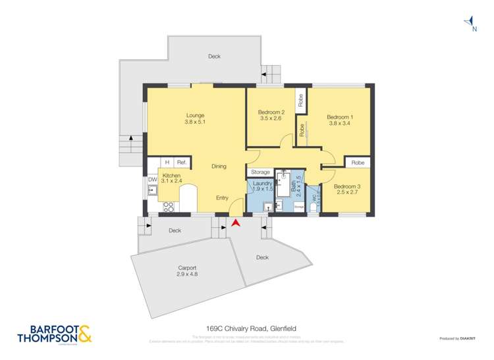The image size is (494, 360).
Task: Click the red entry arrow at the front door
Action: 235,223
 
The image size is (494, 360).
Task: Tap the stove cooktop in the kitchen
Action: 167,206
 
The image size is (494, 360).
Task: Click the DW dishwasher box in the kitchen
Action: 152,179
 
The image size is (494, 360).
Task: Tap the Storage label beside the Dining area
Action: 260,172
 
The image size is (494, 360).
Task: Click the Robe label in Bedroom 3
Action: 358,162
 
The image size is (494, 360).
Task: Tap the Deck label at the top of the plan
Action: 214,57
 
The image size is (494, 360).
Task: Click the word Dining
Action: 219,167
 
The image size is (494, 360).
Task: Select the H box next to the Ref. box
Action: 167,162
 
